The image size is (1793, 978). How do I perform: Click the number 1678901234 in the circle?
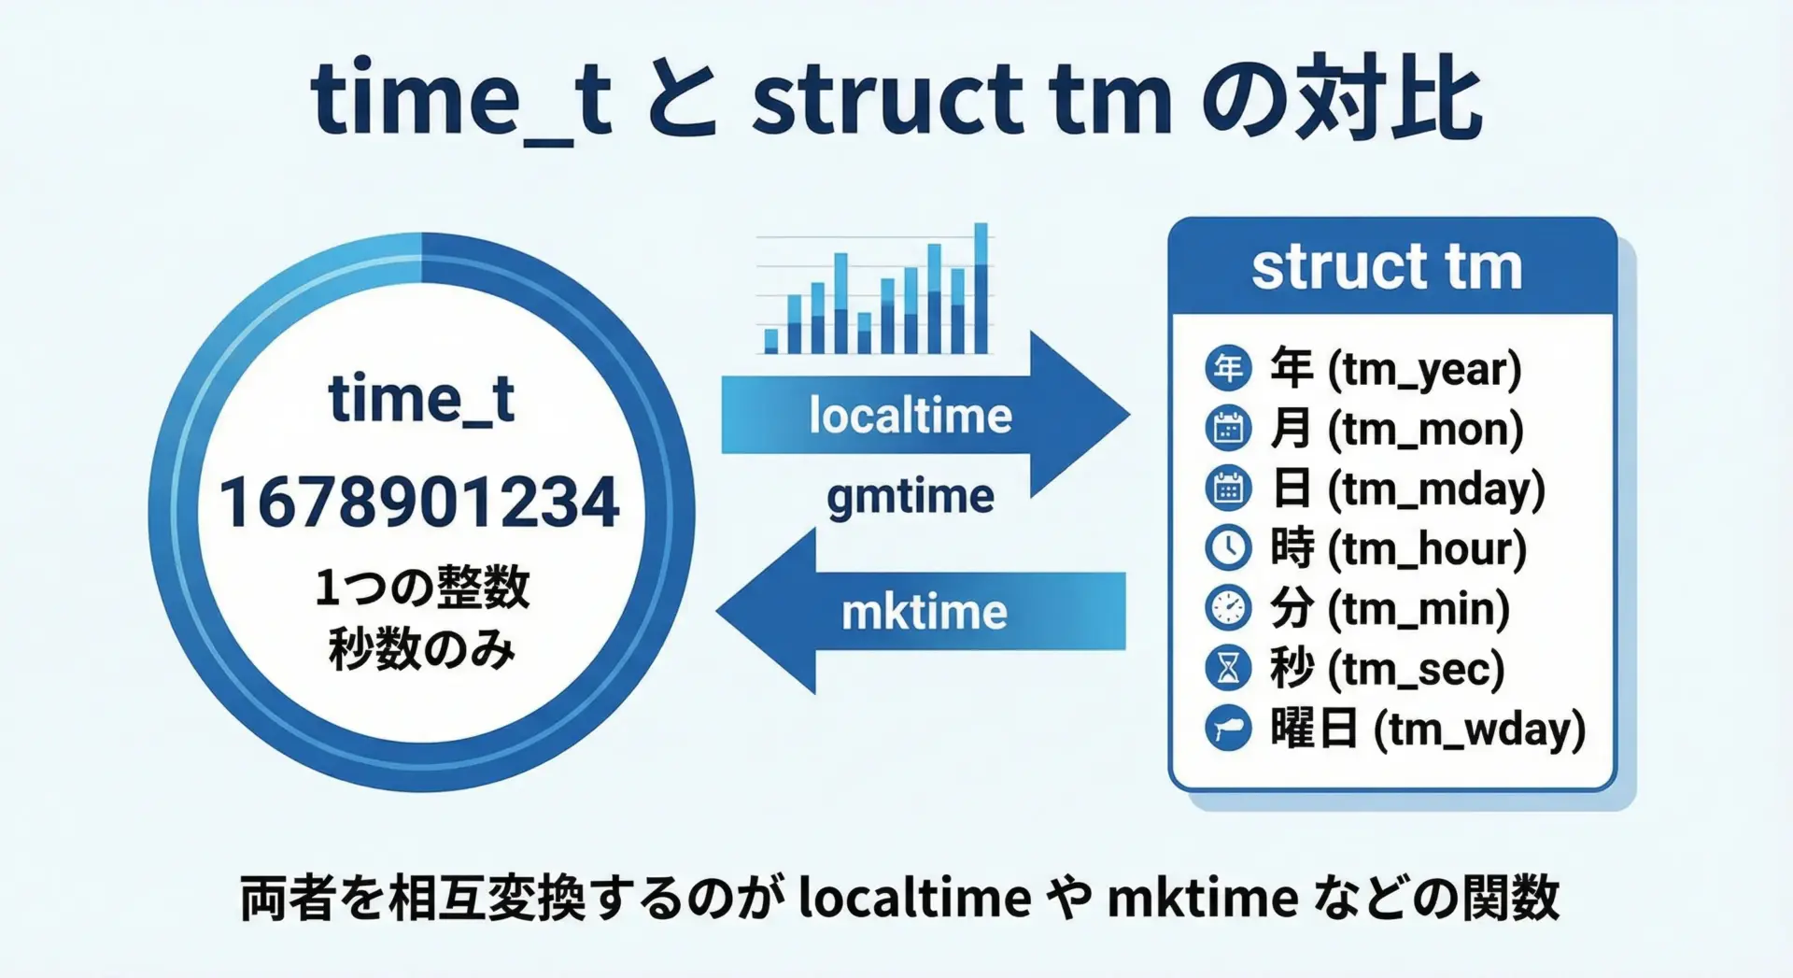pos(419,502)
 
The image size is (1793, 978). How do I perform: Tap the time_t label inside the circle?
pos(421,400)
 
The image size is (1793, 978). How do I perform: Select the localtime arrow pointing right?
pos(925,415)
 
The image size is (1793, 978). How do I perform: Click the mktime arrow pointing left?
pos(921,611)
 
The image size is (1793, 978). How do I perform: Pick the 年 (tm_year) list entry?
pos(1396,369)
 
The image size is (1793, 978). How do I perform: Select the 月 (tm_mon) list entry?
pos(1397,429)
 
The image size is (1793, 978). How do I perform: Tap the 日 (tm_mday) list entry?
pos(1408,489)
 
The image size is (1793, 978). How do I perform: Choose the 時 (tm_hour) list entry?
pos(1398,548)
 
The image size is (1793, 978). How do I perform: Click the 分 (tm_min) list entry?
pos(1390,608)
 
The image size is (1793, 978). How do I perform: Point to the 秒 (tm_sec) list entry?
pos(1388,668)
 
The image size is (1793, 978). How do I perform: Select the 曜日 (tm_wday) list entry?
pos(1428,729)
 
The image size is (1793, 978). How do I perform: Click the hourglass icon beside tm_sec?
pos(1228,668)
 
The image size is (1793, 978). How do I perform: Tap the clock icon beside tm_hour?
pos(1228,548)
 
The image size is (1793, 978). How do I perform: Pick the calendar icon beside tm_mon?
pos(1228,429)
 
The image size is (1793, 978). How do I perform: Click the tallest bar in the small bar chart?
pos(981,289)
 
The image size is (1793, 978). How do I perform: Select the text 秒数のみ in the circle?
pos(421,648)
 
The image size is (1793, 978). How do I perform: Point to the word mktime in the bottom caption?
pos(1203,898)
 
